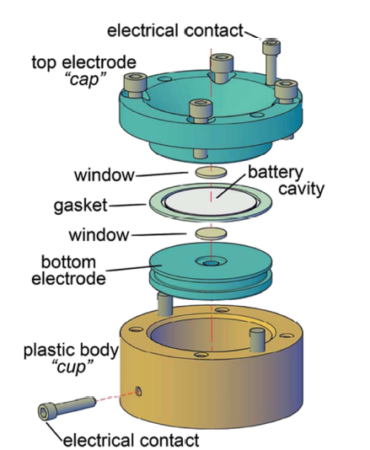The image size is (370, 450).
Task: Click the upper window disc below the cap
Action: click(x=211, y=172)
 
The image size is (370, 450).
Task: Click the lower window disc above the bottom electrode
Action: click(x=211, y=233)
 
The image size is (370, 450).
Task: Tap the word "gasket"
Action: click(x=81, y=206)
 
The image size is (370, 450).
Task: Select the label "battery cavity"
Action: click(x=286, y=181)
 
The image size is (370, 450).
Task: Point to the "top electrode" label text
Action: click(x=83, y=63)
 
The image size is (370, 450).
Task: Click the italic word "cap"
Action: click(x=84, y=79)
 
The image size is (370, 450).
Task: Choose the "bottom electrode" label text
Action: click(x=68, y=270)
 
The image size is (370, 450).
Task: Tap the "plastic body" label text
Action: click(x=71, y=350)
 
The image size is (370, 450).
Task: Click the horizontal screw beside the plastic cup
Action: click(x=67, y=408)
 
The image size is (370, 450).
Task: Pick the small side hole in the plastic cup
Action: click(x=138, y=391)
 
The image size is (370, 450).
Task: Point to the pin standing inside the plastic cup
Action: click(x=257, y=340)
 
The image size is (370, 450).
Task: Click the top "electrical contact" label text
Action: click(x=175, y=30)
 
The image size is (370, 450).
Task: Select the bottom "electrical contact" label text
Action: click(x=131, y=441)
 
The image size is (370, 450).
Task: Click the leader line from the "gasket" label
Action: click(x=127, y=205)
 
